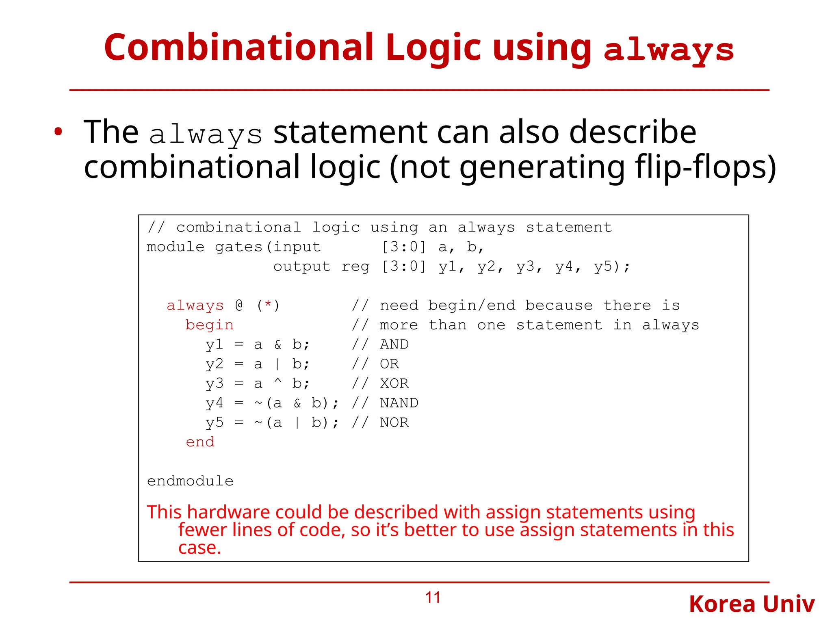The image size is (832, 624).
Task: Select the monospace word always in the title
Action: pyautogui.click(x=669, y=51)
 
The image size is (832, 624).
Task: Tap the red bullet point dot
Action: pyautogui.click(x=58, y=132)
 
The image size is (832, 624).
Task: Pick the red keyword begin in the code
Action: pyautogui.click(x=209, y=325)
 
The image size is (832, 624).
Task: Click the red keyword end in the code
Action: pyautogui.click(x=200, y=442)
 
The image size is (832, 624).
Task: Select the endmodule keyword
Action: pyautogui.click(x=190, y=481)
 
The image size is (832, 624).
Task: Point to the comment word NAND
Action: pyautogui.click(x=399, y=403)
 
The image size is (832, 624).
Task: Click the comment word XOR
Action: pyautogui.click(x=394, y=383)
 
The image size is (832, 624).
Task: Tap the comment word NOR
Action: pyautogui.click(x=394, y=422)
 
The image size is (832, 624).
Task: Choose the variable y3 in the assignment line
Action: pyautogui.click(x=214, y=383)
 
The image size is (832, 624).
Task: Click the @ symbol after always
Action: pyautogui.click(x=239, y=305)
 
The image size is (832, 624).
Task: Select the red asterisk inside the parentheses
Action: pyautogui.click(x=268, y=304)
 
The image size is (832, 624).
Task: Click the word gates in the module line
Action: pyautogui.click(x=238, y=247)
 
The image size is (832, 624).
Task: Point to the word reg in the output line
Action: pyautogui.click(x=355, y=266)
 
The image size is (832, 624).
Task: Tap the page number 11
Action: pyautogui.click(x=433, y=598)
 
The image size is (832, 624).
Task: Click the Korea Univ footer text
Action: pyautogui.click(x=752, y=604)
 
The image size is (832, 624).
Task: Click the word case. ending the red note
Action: pyautogui.click(x=199, y=548)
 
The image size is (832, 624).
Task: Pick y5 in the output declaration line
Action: pyautogui.click(x=603, y=266)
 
